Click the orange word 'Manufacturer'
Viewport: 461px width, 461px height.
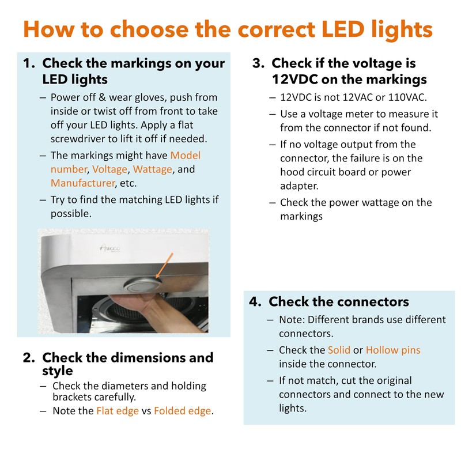click(x=82, y=183)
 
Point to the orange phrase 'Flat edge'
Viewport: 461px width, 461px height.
click(x=118, y=411)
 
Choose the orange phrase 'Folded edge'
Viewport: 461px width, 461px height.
click(x=183, y=411)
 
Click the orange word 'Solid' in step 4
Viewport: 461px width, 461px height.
click(x=339, y=350)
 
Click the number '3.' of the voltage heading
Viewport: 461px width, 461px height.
click(x=258, y=63)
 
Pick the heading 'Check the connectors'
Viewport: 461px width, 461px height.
click(x=339, y=301)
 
